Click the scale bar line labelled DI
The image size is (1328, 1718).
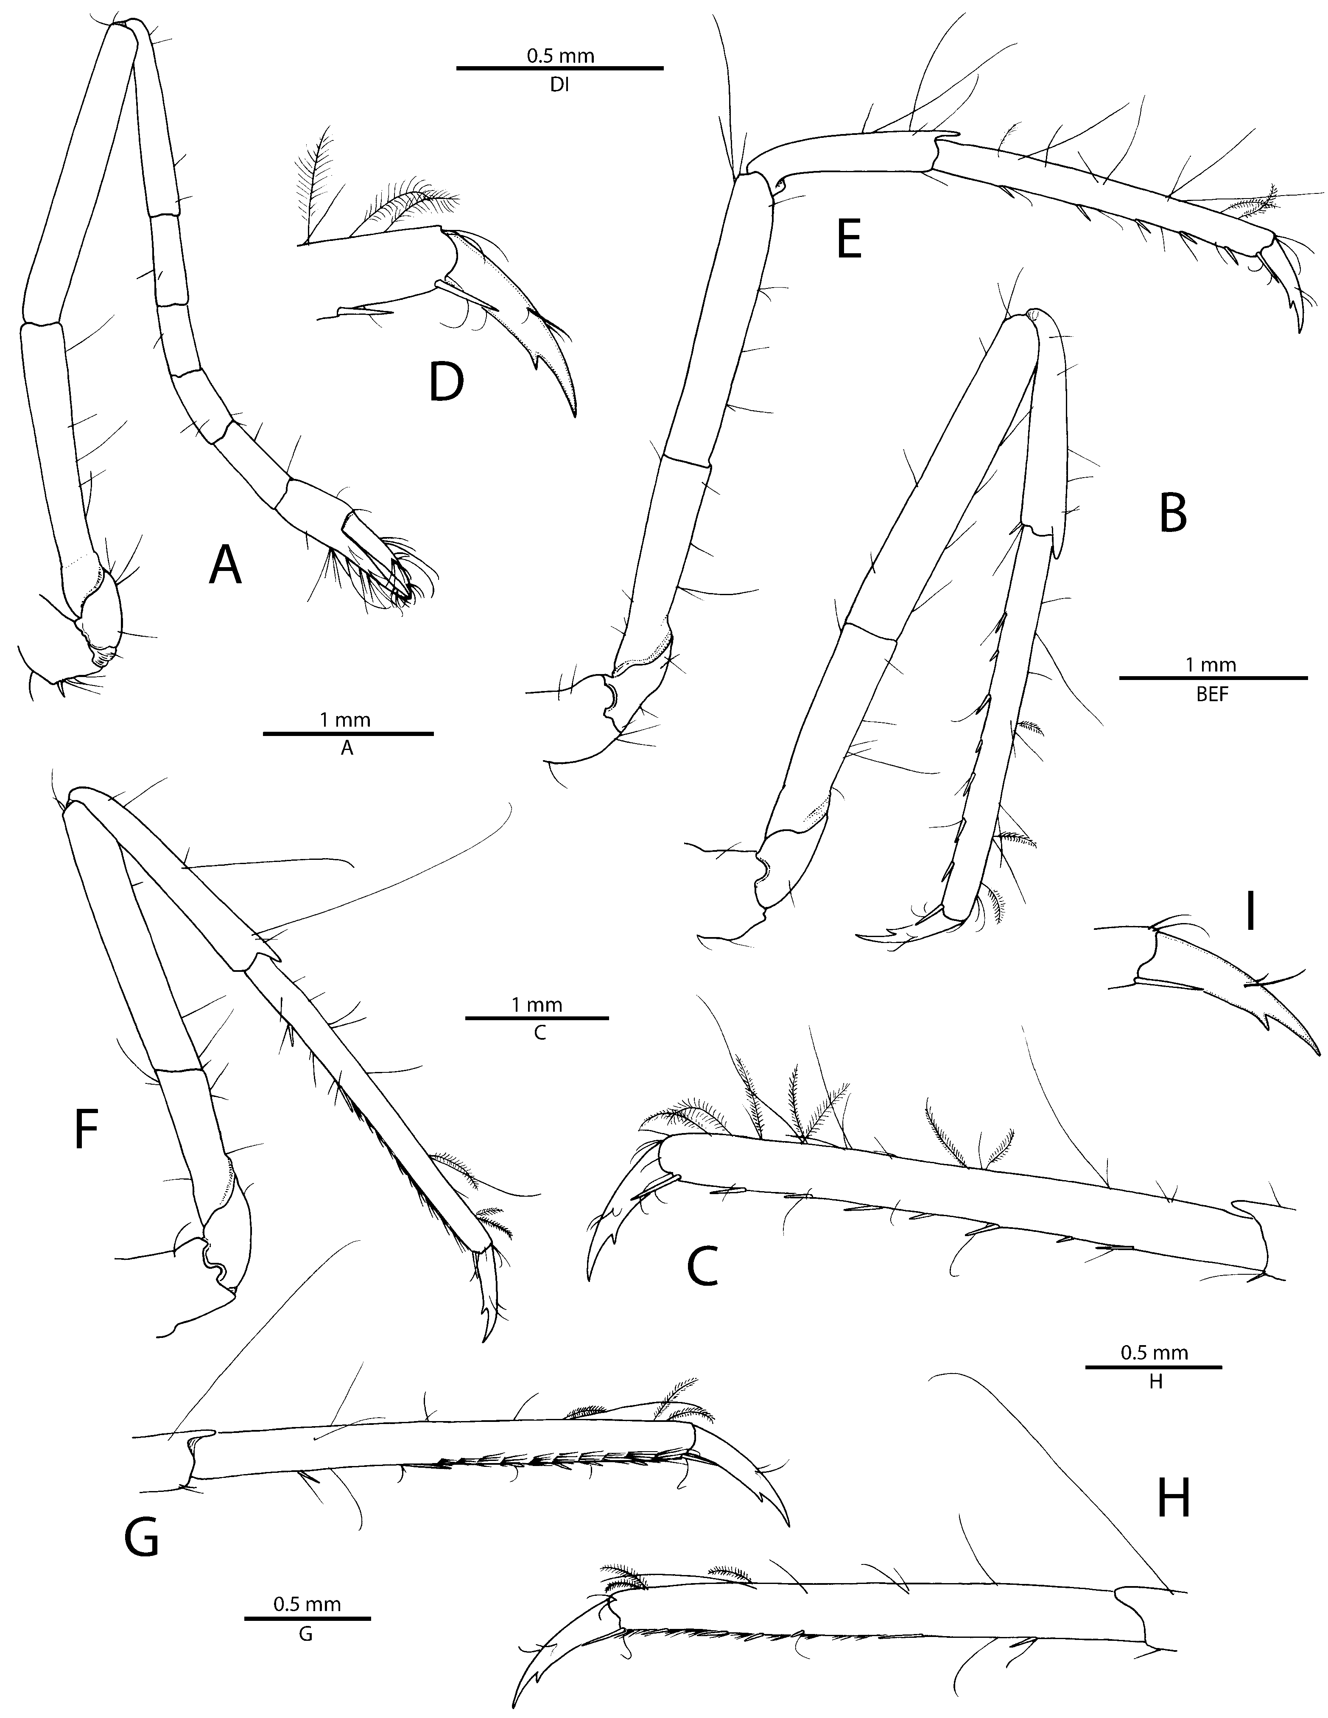tap(559, 68)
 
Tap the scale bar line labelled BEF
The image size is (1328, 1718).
tap(1212, 677)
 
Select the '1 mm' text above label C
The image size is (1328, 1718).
tap(537, 1004)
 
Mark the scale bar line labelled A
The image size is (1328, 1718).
tap(348, 733)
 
